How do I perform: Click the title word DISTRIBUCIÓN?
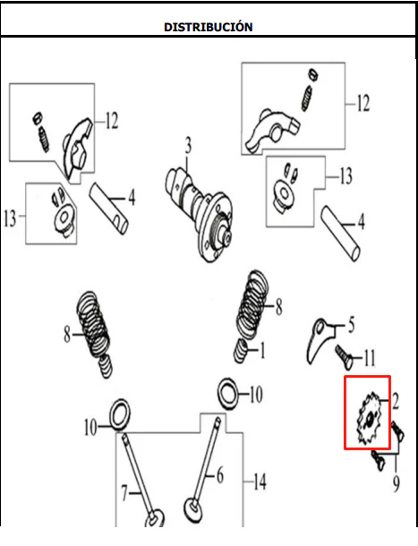(209, 27)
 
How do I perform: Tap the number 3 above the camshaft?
(188, 146)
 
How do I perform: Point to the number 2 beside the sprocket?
(395, 402)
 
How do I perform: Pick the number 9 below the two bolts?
(396, 484)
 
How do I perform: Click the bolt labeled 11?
(344, 358)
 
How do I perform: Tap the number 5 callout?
(351, 324)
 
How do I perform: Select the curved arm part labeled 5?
(320, 340)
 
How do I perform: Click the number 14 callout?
(260, 482)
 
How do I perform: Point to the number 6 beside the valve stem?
(220, 475)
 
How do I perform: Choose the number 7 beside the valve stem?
(124, 493)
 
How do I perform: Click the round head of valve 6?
(193, 511)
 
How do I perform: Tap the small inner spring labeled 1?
(241, 351)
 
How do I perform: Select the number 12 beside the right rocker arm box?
(363, 103)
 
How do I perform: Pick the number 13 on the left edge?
(10, 218)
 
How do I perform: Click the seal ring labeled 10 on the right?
(228, 394)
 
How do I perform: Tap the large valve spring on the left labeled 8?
(93, 325)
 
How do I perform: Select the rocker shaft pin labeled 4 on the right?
(341, 234)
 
